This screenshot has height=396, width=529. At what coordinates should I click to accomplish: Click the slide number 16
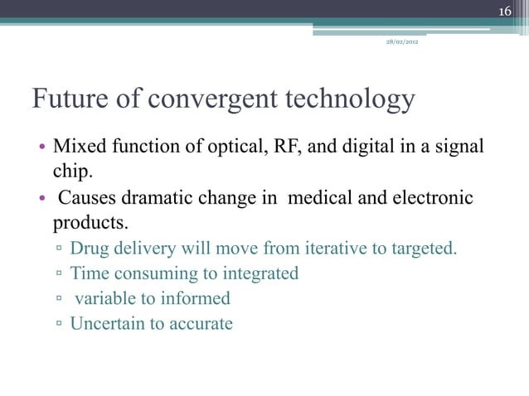click(505, 10)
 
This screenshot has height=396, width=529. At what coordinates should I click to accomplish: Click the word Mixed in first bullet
click(77, 148)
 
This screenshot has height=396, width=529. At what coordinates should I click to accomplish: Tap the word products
click(90, 224)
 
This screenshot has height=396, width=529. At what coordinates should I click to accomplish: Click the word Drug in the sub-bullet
click(89, 248)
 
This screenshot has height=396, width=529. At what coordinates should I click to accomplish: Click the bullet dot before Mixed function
click(40, 150)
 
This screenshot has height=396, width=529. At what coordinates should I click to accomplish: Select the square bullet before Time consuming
click(59, 274)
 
